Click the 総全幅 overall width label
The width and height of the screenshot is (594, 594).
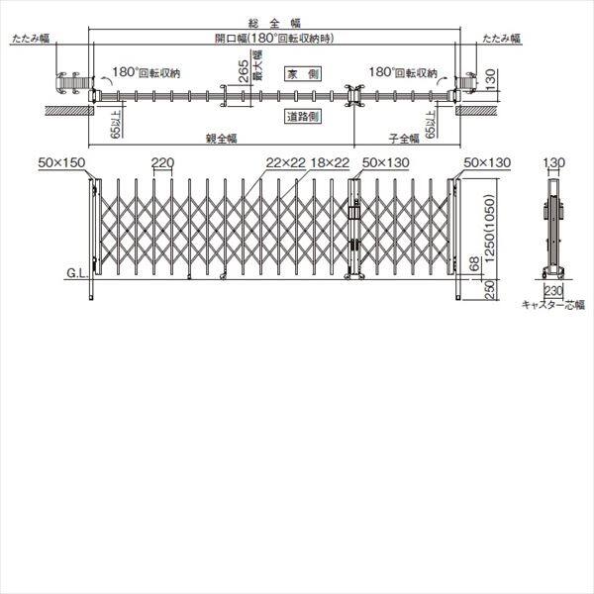point(272,20)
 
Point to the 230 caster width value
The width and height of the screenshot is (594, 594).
point(554,291)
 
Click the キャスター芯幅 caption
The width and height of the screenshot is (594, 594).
point(553,307)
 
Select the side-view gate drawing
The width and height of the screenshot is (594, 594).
point(553,225)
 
